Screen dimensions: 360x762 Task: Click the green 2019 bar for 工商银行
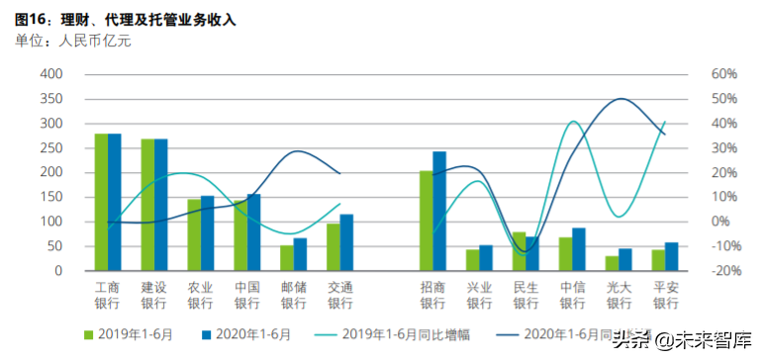point(101,202)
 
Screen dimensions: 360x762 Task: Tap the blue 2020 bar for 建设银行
point(161,205)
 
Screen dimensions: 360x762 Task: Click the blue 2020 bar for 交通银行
point(346,242)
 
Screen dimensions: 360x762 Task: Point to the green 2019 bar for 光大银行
point(612,263)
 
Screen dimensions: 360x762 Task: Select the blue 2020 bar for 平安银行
point(672,256)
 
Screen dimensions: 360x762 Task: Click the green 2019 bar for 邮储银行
point(286,258)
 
